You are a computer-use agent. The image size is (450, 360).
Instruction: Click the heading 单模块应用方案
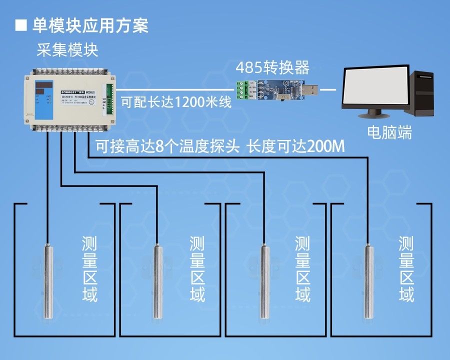(90, 25)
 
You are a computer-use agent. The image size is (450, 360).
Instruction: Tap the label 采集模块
(67, 50)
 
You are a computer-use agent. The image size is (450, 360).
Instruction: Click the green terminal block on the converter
(242, 90)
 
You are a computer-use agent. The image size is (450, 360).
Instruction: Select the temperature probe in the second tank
(156, 280)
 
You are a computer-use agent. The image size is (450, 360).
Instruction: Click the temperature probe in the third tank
(263, 280)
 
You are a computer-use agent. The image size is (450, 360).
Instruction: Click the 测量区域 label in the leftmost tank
(90, 269)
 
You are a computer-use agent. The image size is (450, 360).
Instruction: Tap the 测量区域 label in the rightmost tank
(406, 269)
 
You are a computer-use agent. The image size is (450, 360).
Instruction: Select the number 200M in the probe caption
(326, 146)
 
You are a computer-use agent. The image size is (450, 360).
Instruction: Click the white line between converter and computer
(328, 90)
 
